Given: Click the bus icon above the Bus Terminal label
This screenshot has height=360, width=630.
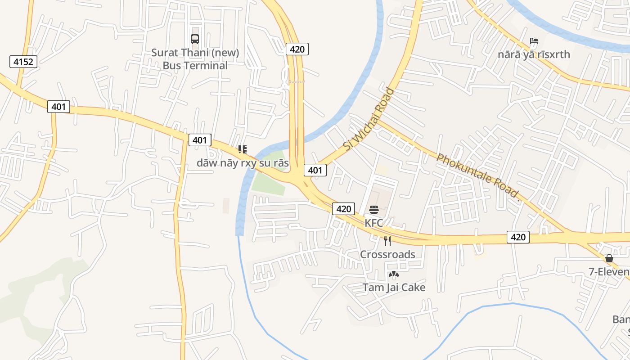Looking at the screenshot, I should (x=195, y=39).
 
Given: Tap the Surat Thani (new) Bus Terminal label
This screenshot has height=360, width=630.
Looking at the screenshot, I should (x=195, y=59).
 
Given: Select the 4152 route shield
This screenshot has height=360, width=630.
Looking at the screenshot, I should (x=23, y=62).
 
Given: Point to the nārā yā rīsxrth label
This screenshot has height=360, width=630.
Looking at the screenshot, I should (x=534, y=54).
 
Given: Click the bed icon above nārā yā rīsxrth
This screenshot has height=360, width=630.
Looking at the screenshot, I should (x=534, y=41).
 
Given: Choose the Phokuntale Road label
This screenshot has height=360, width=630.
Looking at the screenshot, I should (x=478, y=176).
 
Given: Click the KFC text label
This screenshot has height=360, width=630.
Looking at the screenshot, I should (x=373, y=223).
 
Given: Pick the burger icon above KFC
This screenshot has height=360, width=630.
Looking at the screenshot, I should (x=374, y=210).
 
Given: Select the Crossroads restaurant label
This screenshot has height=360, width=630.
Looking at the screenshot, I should (x=387, y=254).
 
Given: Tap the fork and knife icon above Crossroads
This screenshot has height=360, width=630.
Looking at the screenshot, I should (x=387, y=241).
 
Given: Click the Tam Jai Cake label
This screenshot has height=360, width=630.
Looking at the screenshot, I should (x=394, y=287).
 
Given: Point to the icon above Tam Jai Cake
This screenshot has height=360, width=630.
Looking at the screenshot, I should (x=394, y=274).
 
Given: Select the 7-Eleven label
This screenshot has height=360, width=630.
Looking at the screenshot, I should (x=609, y=272).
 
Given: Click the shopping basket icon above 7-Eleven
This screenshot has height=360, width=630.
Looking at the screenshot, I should (x=609, y=258).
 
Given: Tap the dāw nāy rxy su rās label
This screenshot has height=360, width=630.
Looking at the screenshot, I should (x=243, y=162).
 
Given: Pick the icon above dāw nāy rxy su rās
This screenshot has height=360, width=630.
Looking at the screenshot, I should (x=243, y=149).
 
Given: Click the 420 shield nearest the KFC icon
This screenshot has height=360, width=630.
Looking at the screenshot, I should (x=343, y=209).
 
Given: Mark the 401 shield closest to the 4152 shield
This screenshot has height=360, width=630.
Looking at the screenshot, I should (x=58, y=107).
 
